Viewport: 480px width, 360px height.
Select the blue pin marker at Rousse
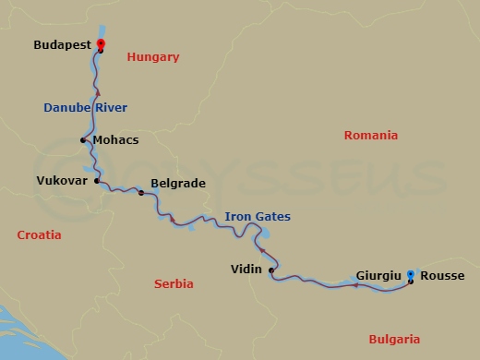pyautogui.click(x=411, y=275)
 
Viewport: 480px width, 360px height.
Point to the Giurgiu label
pyautogui.click(x=378, y=275)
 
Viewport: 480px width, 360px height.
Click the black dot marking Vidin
pyautogui.click(x=270, y=270)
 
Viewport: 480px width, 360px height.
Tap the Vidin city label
pyautogui.click(x=246, y=270)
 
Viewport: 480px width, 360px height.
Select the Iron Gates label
pyautogui.click(x=258, y=217)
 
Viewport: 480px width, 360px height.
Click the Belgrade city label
pyautogui.click(x=177, y=184)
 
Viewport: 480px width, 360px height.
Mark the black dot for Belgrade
pyautogui.click(x=141, y=193)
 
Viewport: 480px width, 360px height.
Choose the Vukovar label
pyautogui.click(x=62, y=181)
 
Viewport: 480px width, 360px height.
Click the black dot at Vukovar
pyautogui.click(x=95, y=181)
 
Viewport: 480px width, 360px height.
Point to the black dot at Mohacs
pyautogui.click(x=84, y=140)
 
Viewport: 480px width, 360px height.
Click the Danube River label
pyautogui.click(x=85, y=108)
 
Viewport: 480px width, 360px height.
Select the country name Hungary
pyautogui.click(x=153, y=57)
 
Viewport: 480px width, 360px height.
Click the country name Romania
pyautogui.click(x=370, y=136)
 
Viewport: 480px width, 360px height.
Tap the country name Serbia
pyautogui.click(x=173, y=284)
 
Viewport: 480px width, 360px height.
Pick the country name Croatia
pyautogui.click(x=40, y=235)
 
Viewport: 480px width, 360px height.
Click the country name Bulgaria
pyautogui.click(x=394, y=339)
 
